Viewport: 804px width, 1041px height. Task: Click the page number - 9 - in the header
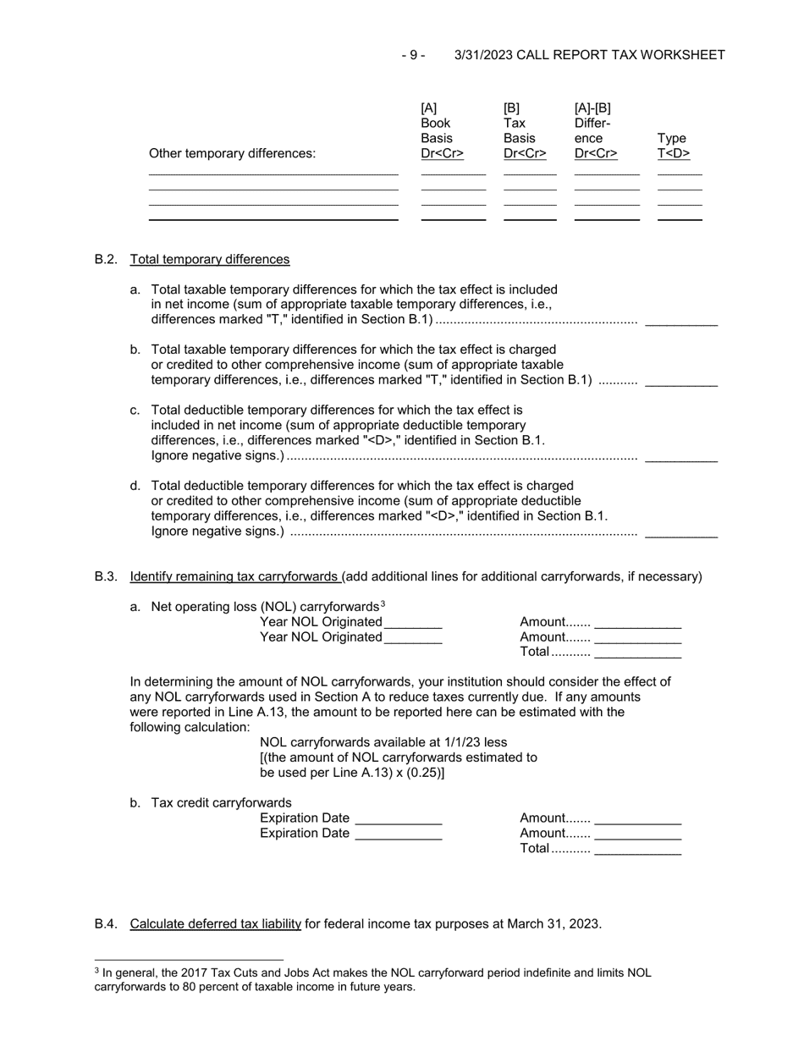pos(413,55)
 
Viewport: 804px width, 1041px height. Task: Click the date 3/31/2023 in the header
pos(483,55)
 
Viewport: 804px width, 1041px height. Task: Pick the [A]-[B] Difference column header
pos(595,130)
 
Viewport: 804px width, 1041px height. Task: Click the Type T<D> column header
pos(674,146)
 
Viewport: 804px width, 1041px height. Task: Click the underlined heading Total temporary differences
pos(210,259)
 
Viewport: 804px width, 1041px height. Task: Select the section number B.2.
pos(106,259)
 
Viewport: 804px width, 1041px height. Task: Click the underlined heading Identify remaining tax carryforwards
pos(234,576)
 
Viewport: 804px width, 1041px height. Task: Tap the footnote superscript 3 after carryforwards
pos(383,603)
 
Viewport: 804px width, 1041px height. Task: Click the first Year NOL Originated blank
pos(413,623)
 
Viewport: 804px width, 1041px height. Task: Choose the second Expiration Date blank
pos(399,834)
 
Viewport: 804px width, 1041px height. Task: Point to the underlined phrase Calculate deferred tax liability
pos(216,923)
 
